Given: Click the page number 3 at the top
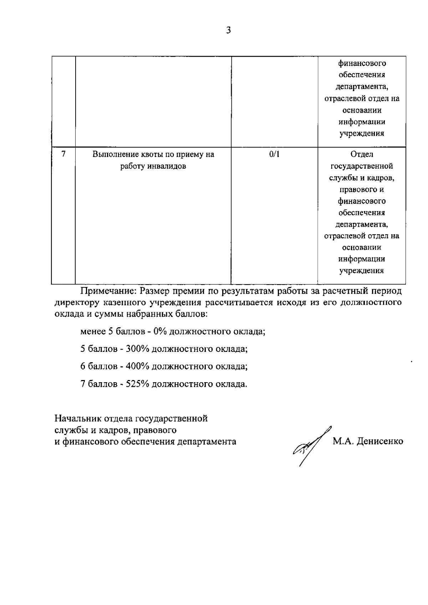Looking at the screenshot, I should coord(229,31).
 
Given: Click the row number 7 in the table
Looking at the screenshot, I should coord(63,154).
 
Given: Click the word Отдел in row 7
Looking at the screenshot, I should coord(361,154).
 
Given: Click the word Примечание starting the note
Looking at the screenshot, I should coord(108,291).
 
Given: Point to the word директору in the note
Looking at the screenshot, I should coord(76,303).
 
